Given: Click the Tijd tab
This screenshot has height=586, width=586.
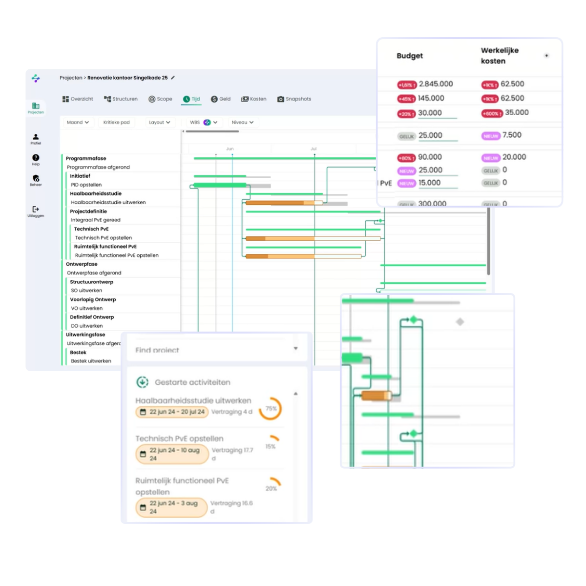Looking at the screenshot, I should click(x=191, y=99).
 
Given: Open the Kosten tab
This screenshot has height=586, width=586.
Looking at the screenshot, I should click(x=253, y=99).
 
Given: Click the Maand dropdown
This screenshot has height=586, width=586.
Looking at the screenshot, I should click(x=78, y=123).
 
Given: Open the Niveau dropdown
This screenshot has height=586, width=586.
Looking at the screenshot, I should click(x=242, y=123).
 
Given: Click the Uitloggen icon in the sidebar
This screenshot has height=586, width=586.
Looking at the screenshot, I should click(x=36, y=210).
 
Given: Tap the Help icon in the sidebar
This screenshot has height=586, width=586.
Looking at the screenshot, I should click(x=36, y=159).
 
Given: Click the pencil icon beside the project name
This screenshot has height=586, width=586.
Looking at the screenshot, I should click(x=173, y=78).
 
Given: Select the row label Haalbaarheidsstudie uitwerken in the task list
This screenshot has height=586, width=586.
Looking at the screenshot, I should click(x=108, y=202).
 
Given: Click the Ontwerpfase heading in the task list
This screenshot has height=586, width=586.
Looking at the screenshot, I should click(x=82, y=264).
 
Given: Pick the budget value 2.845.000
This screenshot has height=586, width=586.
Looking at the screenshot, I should click(x=436, y=84).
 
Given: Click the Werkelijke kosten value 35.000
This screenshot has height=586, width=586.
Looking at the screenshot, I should click(x=517, y=112).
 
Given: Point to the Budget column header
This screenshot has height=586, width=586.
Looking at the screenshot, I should click(x=410, y=56).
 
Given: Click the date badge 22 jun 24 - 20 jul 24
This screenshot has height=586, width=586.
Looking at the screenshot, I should click(x=172, y=412).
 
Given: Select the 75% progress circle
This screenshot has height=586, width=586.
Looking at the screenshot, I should click(x=271, y=409).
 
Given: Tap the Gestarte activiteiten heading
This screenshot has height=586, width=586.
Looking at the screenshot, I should click(x=192, y=382).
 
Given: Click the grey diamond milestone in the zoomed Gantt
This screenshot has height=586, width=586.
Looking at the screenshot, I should click(x=460, y=322).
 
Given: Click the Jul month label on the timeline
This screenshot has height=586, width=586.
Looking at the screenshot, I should click(x=314, y=149).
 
